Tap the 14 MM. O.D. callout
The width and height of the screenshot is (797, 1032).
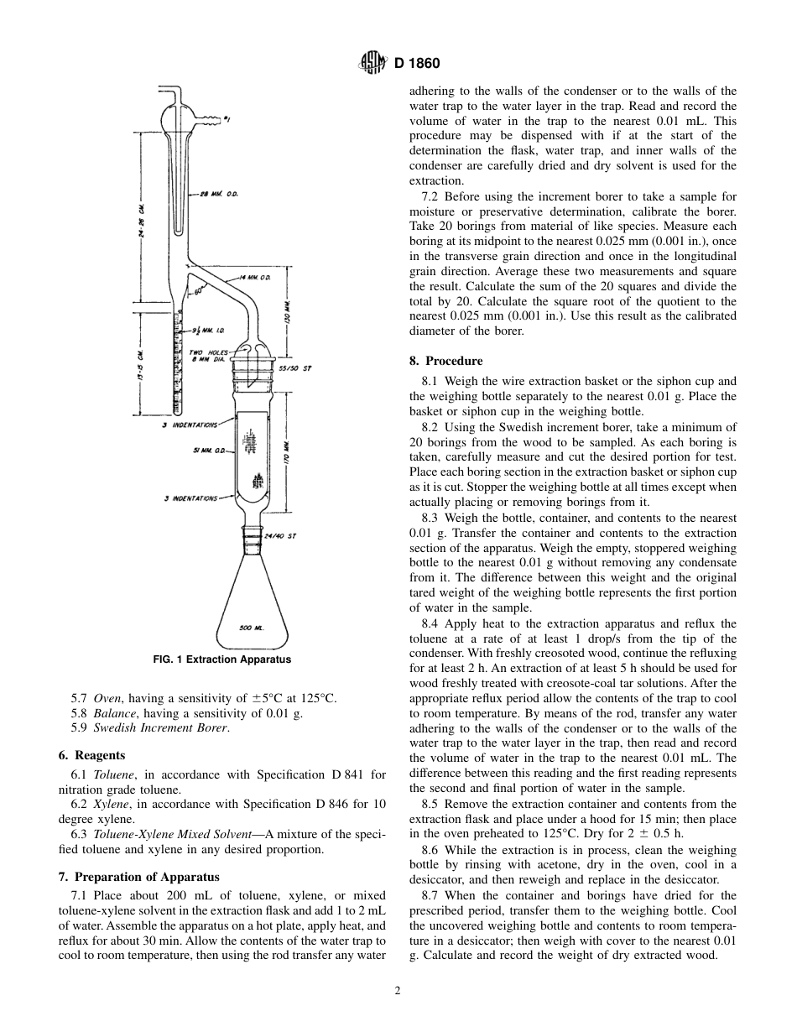[x=256, y=276]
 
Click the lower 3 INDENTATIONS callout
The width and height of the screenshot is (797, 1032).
[x=190, y=498]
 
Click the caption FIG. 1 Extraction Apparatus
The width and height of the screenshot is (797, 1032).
[x=222, y=659]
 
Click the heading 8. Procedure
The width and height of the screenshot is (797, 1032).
[x=445, y=361]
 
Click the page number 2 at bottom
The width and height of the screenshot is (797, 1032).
[x=398, y=990]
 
